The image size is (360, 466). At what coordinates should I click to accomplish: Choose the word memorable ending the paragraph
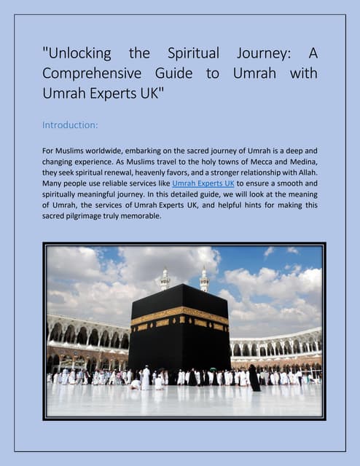tap(143, 216)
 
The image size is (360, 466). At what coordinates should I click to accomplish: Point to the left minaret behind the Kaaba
tap(165, 280)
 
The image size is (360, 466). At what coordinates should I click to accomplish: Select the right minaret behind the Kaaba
tap(204, 280)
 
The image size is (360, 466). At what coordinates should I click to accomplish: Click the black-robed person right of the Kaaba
tap(254, 378)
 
